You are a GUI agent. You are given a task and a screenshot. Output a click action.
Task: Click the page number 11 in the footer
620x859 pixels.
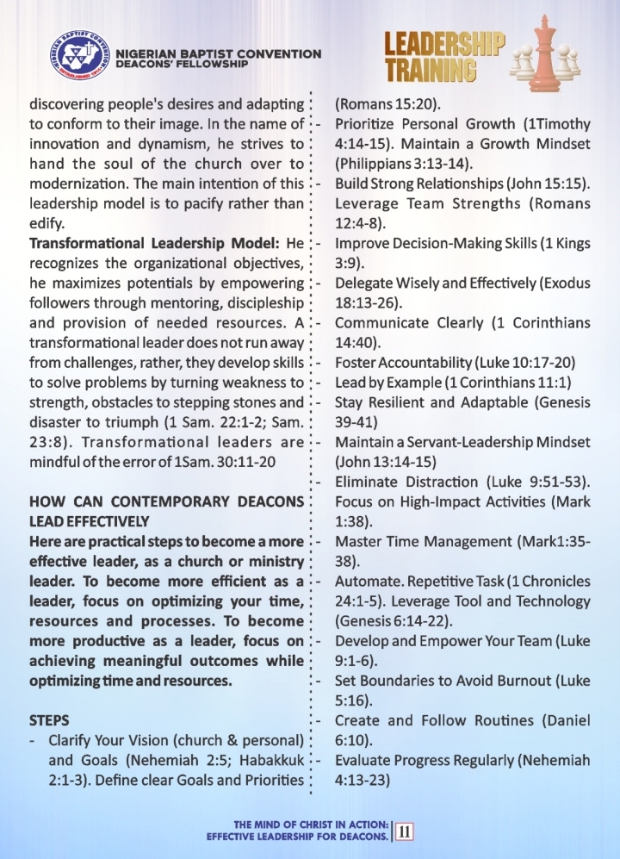403,831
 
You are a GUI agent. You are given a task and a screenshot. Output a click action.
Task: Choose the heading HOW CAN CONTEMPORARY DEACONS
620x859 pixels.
167,501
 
